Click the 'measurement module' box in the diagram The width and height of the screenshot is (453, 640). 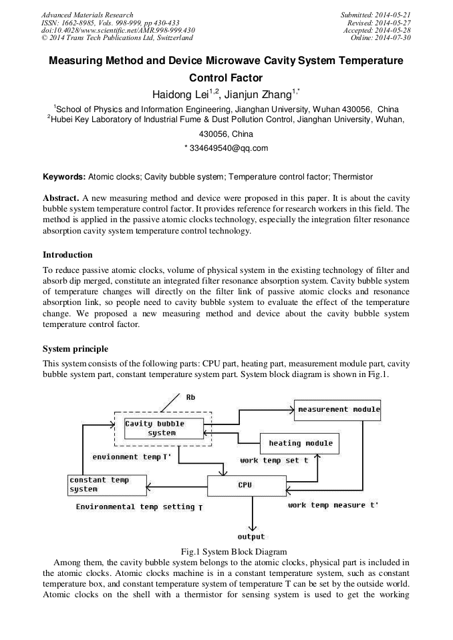coord(337,409)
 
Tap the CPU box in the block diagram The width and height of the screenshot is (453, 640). coord(245,485)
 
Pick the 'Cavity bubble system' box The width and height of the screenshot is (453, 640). coord(163,428)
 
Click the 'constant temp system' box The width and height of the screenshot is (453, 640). coord(107,485)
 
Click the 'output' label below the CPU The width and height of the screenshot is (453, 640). coord(251,537)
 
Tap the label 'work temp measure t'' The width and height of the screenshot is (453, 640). coord(333,505)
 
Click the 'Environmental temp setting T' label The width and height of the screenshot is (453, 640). coord(139,507)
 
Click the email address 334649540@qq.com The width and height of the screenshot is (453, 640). coord(226,148)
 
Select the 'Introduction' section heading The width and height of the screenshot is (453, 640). coord(67,255)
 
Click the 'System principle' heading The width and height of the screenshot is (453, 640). coord(75,349)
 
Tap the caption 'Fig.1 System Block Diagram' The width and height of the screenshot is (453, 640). coord(234,552)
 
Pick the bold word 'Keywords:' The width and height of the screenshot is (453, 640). coord(64,177)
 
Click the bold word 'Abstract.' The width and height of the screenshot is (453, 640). coord(61,200)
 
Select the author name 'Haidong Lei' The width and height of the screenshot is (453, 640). coord(177,94)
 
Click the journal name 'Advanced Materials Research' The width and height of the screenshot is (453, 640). coord(87,15)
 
